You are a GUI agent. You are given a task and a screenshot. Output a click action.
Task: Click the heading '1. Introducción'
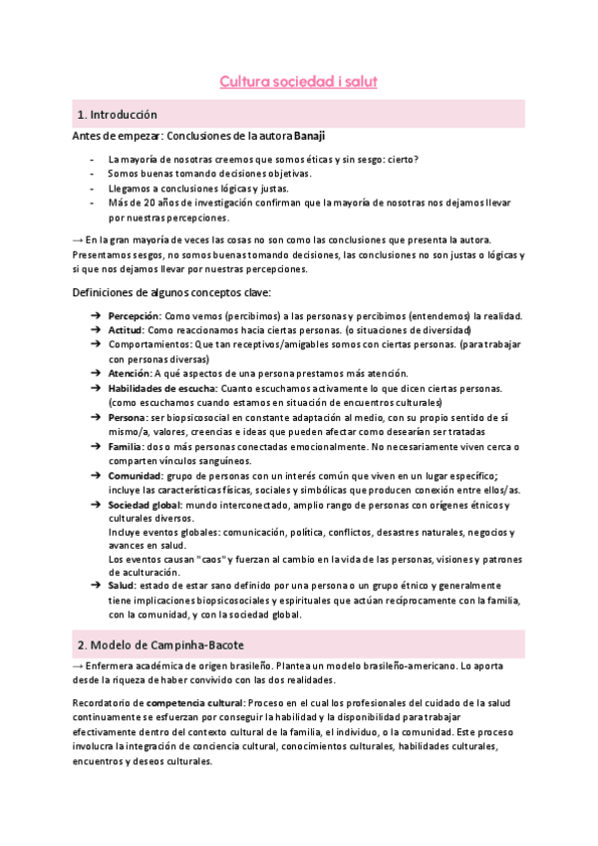pos(117,115)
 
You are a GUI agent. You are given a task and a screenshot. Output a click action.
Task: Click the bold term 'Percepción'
pos(135,316)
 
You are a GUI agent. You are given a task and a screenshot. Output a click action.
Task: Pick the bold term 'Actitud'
pos(126,330)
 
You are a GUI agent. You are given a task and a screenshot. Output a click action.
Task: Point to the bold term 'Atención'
pos(129,373)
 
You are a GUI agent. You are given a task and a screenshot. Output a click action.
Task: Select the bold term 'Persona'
pos(128,416)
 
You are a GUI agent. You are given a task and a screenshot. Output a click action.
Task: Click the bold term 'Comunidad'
pos(135,477)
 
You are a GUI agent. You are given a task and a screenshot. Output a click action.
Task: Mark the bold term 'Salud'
pos(123,585)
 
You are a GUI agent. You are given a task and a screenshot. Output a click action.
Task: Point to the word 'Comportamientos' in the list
pos(153,344)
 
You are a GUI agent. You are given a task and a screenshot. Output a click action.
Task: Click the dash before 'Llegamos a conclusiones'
pos(93,188)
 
